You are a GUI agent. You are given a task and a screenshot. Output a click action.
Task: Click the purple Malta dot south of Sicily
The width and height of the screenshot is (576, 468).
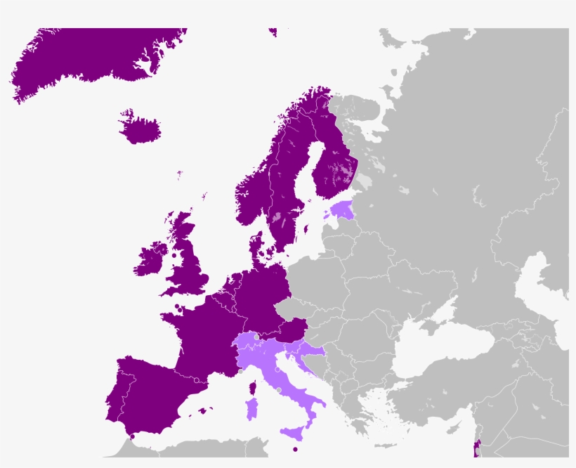pos(296,449)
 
